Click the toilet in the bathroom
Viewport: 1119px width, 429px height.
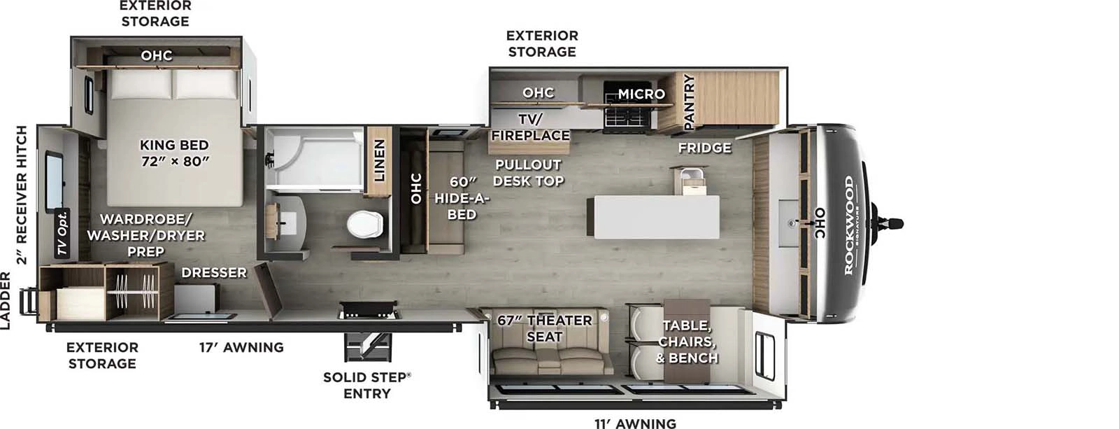365,224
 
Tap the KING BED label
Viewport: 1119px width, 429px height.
174,153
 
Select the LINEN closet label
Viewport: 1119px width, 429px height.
379,160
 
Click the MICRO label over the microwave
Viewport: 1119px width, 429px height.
641,94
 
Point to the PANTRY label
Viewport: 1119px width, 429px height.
688,101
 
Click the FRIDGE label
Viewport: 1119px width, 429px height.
704,148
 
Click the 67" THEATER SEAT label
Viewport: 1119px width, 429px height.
544,328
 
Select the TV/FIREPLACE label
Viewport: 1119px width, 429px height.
530,127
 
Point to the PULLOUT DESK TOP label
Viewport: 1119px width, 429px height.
528,172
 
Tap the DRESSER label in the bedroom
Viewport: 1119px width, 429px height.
214,272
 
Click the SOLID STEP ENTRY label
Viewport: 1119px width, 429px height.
366,385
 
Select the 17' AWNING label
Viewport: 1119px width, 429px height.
241,347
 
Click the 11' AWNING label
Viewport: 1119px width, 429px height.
635,423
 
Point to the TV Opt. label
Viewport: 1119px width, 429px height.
63,232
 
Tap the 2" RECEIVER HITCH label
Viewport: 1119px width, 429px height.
22,195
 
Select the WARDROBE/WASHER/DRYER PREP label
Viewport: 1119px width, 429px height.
145,234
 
